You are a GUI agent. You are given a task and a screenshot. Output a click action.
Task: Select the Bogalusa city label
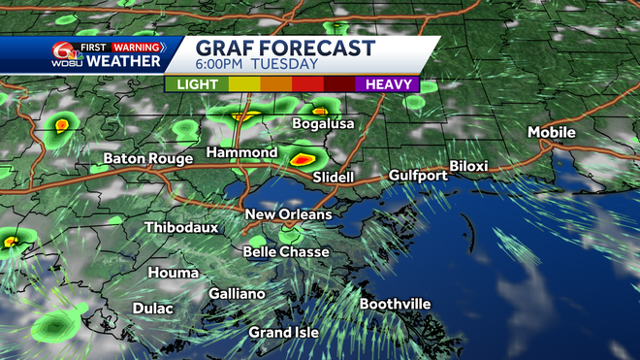[x=324, y=124]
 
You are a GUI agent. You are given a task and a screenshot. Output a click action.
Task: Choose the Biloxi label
[x=468, y=166]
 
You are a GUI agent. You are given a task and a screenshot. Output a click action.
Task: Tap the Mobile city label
[x=552, y=132]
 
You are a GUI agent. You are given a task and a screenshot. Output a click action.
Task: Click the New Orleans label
[x=288, y=214]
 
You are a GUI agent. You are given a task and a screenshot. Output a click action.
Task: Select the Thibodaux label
[x=181, y=228]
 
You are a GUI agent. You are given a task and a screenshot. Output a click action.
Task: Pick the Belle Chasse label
[x=285, y=252]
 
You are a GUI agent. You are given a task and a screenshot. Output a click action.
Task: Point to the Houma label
[x=175, y=274]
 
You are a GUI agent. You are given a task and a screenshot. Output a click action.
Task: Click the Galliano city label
[x=237, y=294]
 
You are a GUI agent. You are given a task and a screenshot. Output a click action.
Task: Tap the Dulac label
[x=152, y=309]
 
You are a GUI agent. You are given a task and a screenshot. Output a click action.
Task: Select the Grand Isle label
[x=284, y=333]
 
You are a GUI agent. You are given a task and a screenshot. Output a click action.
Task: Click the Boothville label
[x=395, y=304]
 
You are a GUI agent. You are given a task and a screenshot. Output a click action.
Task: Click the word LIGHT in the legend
[x=196, y=84]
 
